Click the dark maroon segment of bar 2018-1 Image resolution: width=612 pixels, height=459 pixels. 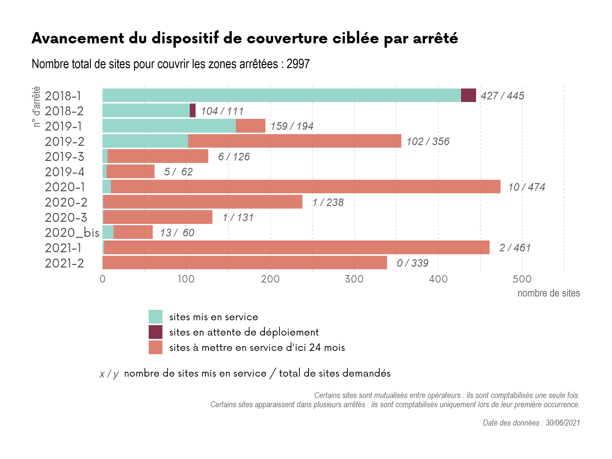tap(468, 95)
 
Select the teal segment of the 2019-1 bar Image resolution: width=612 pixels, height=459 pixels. tap(169, 126)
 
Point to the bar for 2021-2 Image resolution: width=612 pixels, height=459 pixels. tap(245, 263)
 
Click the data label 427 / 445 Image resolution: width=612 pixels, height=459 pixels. tap(502, 96)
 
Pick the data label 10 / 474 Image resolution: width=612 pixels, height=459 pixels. tap(527, 187)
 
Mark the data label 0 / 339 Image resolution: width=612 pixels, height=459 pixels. tap(413, 263)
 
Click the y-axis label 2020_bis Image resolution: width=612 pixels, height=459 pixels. tap(72, 233)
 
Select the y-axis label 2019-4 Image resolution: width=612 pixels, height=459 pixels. tap(65, 172)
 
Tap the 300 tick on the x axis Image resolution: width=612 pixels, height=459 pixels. tap(354, 279)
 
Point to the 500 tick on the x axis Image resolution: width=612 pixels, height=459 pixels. tap(522, 279)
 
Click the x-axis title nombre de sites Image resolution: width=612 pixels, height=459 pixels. tap(548, 293)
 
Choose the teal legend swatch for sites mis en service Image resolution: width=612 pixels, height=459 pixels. tap(156, 317)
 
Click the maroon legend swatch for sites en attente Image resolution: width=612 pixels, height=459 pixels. tap(156, 332)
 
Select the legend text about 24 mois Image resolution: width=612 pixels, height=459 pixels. tap(257, 347)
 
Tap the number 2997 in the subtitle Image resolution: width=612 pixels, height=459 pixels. tap(298, 64)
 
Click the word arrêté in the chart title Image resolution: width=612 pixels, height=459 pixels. tap(436, 38)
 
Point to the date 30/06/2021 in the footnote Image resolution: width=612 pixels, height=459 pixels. tap(563, 423)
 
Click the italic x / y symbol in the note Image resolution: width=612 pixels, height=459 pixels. tap(109, 374)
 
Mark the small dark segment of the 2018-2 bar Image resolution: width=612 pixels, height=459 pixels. tap(193, 110)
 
